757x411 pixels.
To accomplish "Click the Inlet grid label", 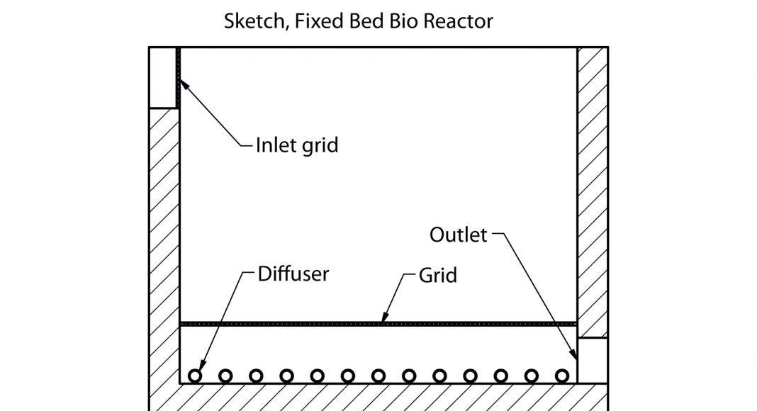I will tap(297, 146).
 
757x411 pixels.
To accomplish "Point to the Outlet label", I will tap(459, 235).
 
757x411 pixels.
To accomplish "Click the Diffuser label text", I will tap(293, 274).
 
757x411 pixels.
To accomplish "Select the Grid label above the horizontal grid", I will tap(437, 275).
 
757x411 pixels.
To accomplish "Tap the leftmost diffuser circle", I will tap(195, 375).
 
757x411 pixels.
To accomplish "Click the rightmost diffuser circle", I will tap(563, 375).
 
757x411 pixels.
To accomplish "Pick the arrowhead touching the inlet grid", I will tap(182, 83).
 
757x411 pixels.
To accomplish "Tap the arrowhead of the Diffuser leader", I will tap(198, 368).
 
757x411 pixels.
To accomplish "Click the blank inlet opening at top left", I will tap(162, 77).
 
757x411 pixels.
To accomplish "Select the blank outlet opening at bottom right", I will tap(593, 360).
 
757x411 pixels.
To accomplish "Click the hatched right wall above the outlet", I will tap(593, 191).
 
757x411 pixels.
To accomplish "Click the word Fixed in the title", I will tap(312, 21).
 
